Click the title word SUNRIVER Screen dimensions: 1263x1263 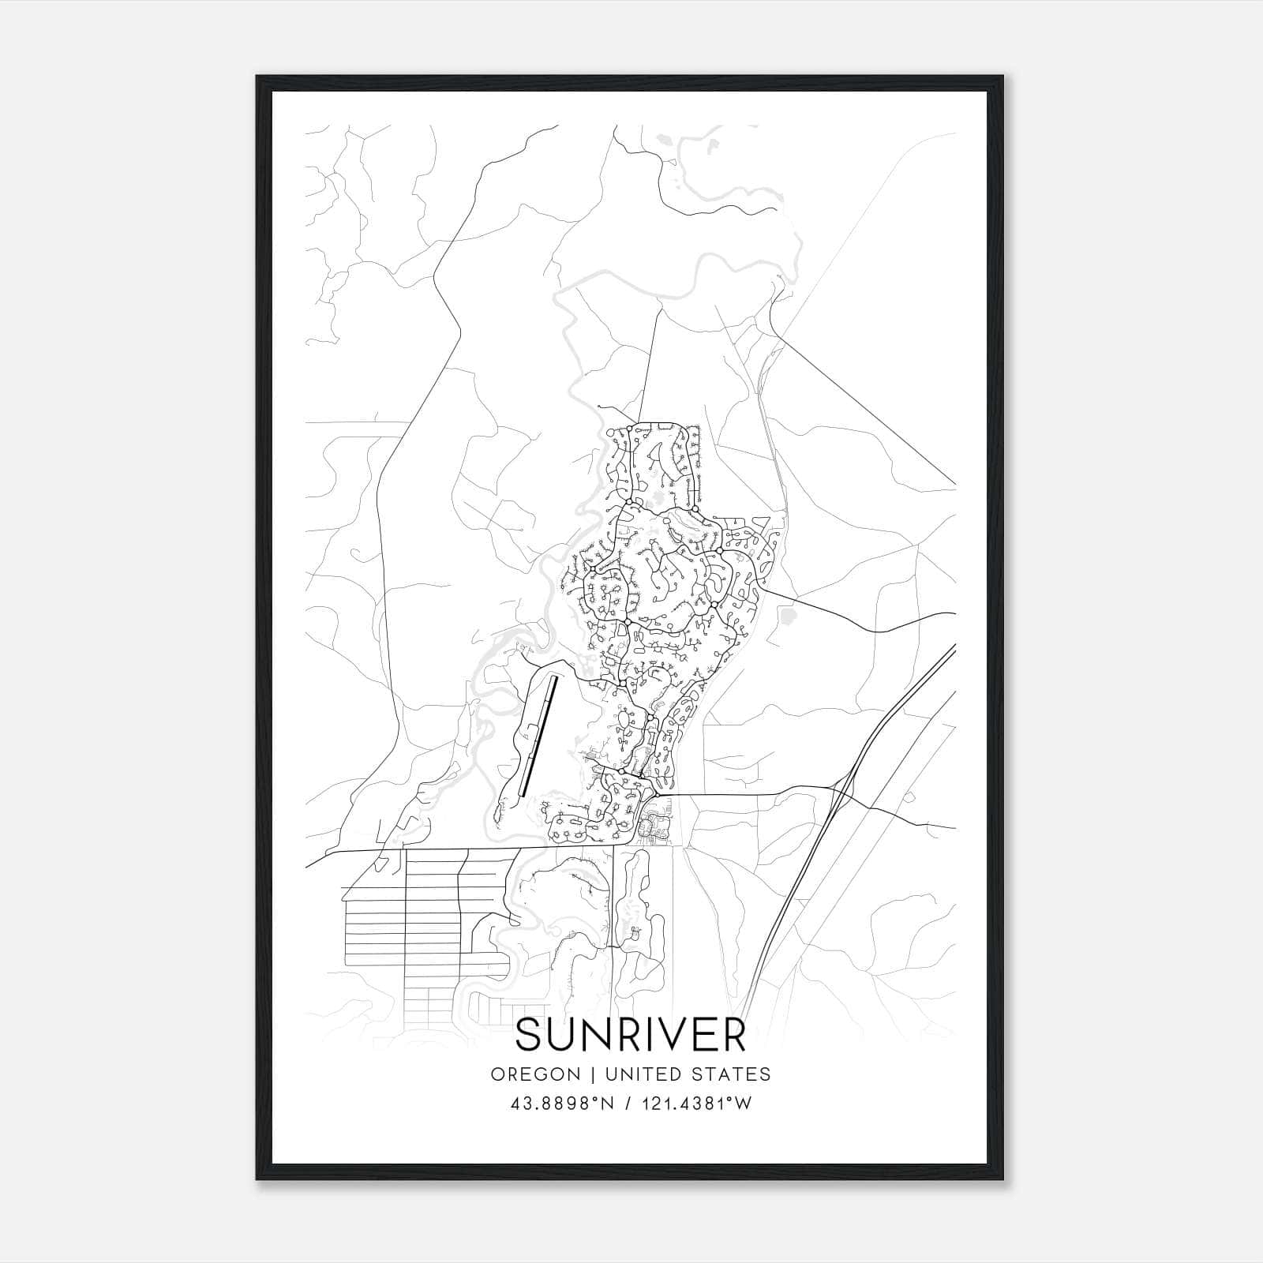click(x=631, y=1036)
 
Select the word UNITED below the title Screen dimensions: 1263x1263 click(x=629, y=1074)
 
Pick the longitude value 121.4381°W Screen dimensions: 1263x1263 click(x=698, y=1104)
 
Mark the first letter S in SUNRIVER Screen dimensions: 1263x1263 click(x=529, y=1036)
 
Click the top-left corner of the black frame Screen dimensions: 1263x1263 click(x=257, y=77)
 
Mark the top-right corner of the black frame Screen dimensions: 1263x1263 click(x=1004, y=77)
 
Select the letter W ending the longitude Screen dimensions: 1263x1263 click(x=744, y=1104)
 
